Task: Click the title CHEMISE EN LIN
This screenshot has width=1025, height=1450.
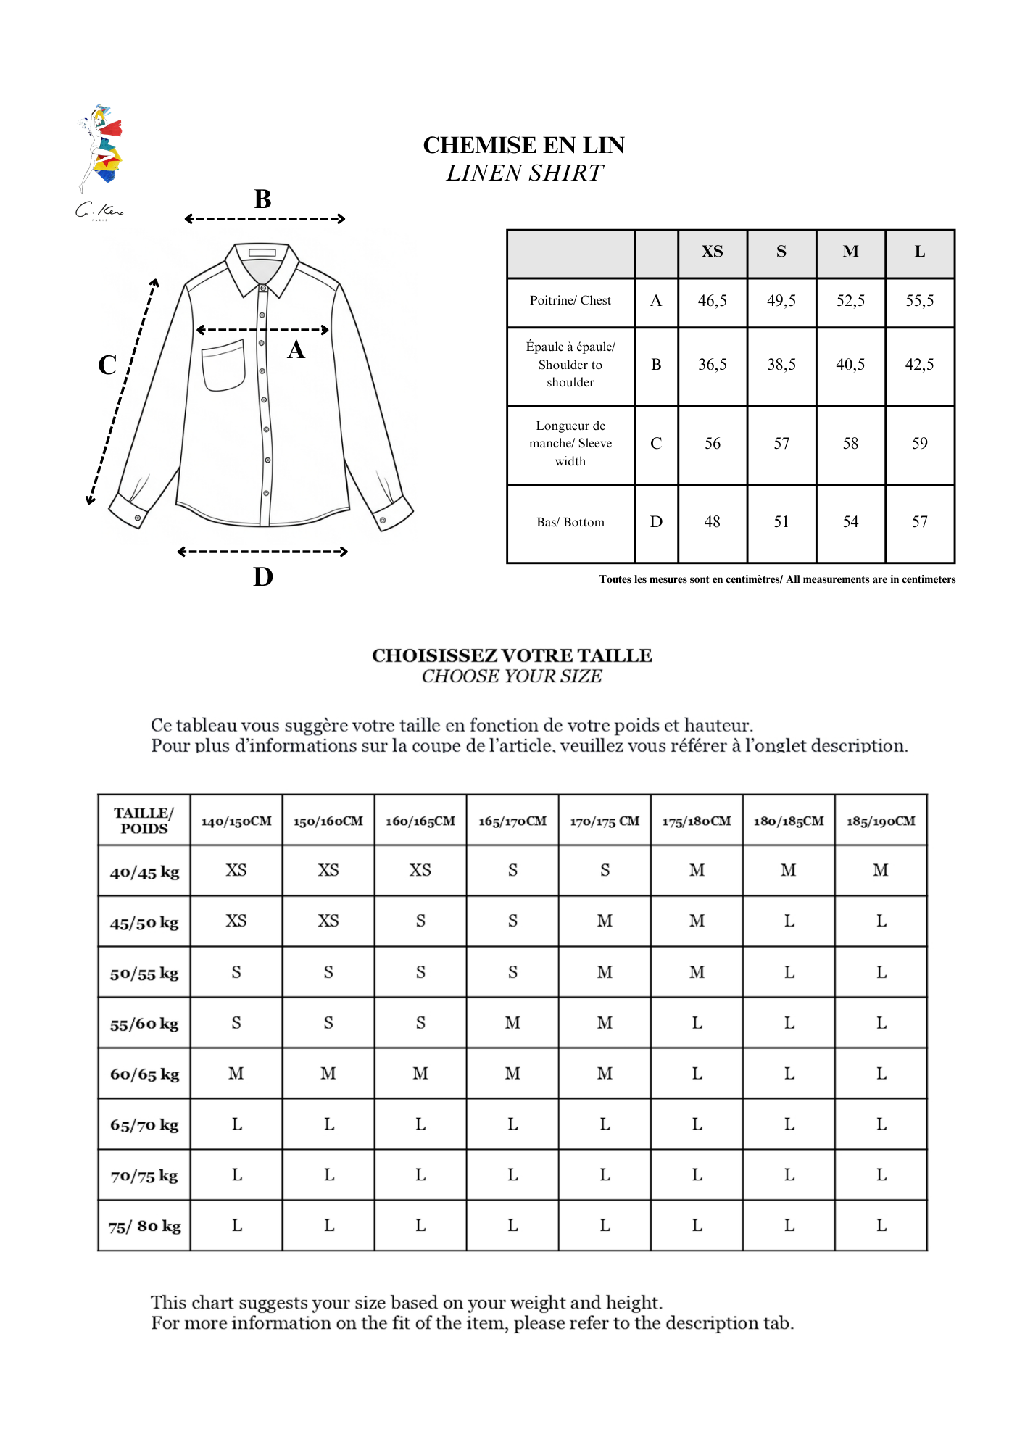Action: pos(523,145)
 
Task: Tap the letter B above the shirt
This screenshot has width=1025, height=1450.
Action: pos(262,199)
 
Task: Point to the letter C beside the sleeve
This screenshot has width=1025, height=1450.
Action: pos(107,365)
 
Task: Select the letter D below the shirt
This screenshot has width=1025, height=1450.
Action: pos(263,577)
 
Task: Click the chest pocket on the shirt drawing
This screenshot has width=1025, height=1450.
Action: pos(223,365)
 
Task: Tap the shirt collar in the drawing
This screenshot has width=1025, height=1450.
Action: pos(262,265)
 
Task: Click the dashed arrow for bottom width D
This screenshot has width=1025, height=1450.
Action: pos(262,552)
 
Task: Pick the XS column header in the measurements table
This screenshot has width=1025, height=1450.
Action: pos(712,252)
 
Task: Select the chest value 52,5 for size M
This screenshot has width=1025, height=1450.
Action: pos(850,301)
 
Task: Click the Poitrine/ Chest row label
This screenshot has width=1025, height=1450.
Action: pos(570,301)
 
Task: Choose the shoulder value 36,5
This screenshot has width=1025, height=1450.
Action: pos(712,365)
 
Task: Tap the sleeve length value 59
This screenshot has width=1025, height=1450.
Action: pos(919,444)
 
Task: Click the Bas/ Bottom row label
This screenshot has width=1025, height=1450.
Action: pos(570,522)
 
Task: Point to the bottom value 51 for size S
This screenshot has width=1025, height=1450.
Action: pos(781,522)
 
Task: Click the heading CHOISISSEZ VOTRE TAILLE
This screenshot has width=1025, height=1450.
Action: pos(512,655)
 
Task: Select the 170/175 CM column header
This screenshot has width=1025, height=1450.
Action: pos(605,821)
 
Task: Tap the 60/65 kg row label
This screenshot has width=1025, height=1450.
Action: pos(144,1074)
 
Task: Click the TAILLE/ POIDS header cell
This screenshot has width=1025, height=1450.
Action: pos(144,821)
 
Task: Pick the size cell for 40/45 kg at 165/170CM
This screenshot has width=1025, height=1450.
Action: pos(512,871)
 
